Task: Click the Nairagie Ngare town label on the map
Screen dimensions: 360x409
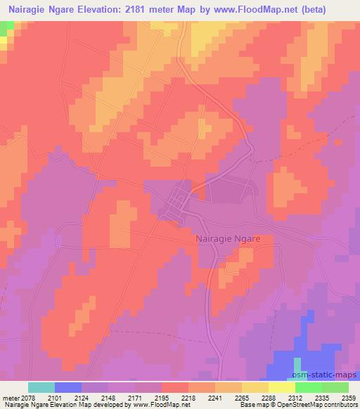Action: pyautogui.click(x=227, y=239)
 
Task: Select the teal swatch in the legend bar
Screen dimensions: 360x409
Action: pyautogui.click(x=41, y=387)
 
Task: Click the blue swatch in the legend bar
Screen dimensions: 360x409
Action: pyautogui.click(x=68, y=387)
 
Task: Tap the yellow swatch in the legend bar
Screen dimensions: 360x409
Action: pyautogui.click(x=281, y=387)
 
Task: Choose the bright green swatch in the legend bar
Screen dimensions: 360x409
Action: pyautogui.click(x=309, y=387)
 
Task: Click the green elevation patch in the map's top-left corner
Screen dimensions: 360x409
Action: pyautogui.click(x=6, y=28)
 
